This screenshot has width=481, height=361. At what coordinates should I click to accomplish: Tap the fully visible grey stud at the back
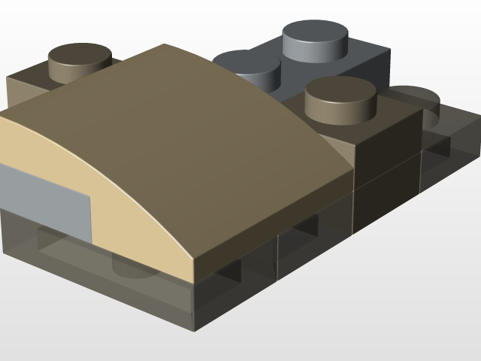(316, 38)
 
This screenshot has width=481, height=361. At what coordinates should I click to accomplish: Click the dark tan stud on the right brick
(340, 98)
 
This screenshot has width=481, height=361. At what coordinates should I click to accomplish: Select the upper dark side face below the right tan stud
(387, 143)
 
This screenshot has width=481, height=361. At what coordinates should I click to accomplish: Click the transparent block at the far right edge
(451, 158)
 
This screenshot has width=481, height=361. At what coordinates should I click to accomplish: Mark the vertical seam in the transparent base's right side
(278, 256)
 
